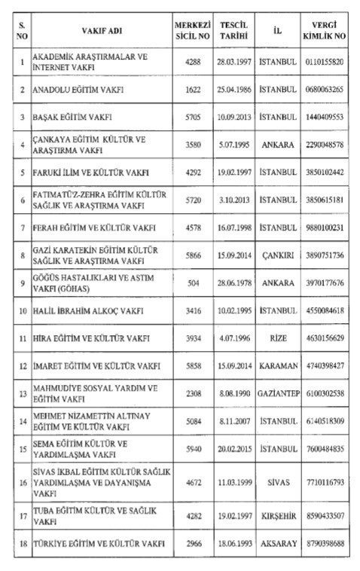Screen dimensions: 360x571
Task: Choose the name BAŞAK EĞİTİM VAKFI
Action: point(74,117)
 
